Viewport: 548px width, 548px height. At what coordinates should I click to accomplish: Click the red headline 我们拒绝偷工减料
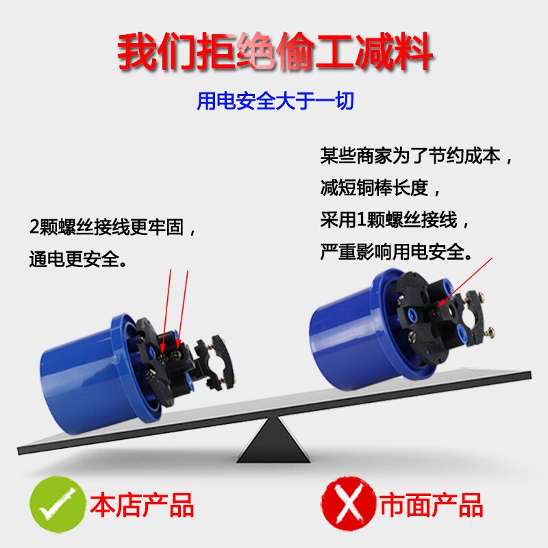[274, 53]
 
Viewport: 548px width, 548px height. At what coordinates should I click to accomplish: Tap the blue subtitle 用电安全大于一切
[275, 102]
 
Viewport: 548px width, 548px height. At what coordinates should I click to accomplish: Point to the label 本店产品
[142, 506]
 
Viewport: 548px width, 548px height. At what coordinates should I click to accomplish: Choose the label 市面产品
[432, 506]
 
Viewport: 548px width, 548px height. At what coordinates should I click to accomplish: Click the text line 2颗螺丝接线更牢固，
[114, 227]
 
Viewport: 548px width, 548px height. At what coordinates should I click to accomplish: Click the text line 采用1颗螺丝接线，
[396, 219]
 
